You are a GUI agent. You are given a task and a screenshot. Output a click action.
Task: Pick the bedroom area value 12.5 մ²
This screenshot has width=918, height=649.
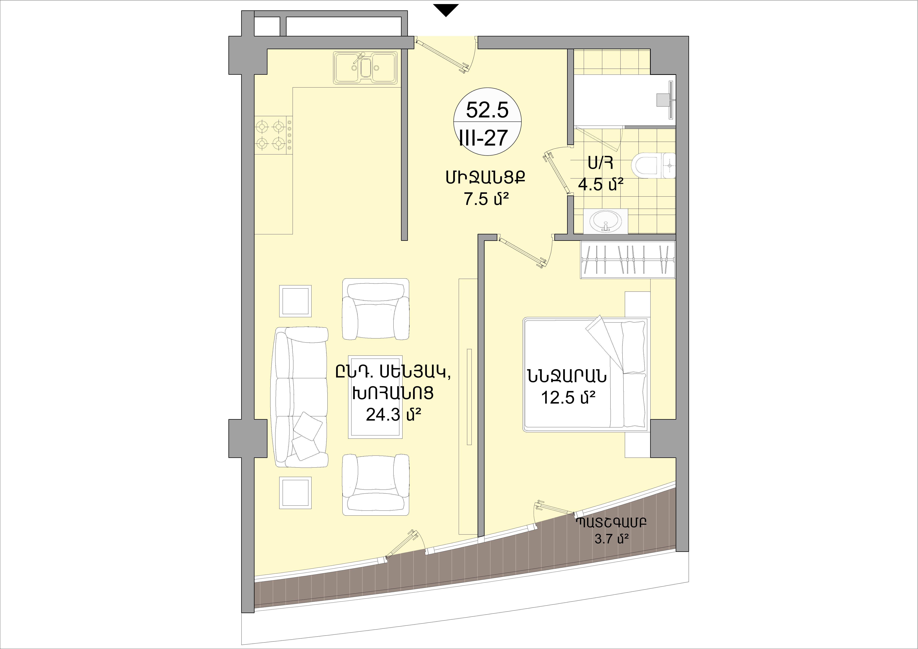coord(568,397)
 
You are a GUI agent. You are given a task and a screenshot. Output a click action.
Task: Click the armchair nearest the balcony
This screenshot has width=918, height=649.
coord(376,485)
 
